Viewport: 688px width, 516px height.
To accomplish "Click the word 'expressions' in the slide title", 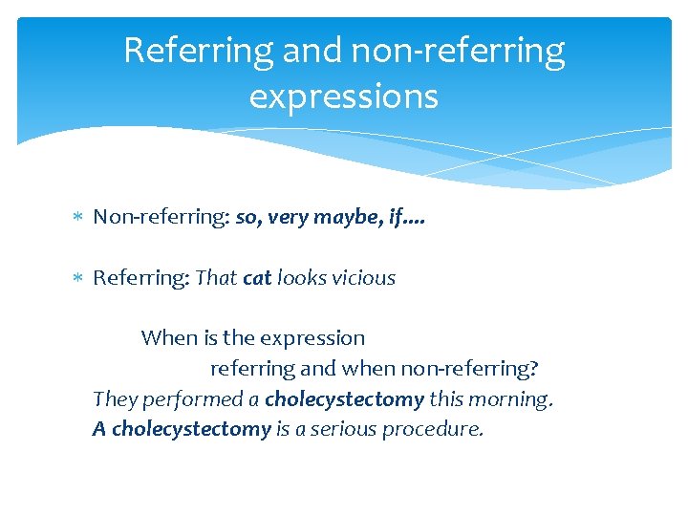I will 344,97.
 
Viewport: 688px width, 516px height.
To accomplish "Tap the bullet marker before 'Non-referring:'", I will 78,218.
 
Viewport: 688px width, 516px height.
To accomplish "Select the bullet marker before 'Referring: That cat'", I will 78,279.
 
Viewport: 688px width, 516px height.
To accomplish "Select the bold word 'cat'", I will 258,278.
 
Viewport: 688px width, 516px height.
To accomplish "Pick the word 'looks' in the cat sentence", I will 300,278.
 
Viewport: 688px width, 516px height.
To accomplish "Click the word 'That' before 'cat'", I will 217,278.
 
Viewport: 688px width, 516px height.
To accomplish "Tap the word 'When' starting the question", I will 167,338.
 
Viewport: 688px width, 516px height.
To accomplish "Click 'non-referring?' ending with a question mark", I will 470,369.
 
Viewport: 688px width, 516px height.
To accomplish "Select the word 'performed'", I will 190,399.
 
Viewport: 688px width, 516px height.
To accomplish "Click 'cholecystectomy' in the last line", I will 191,429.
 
